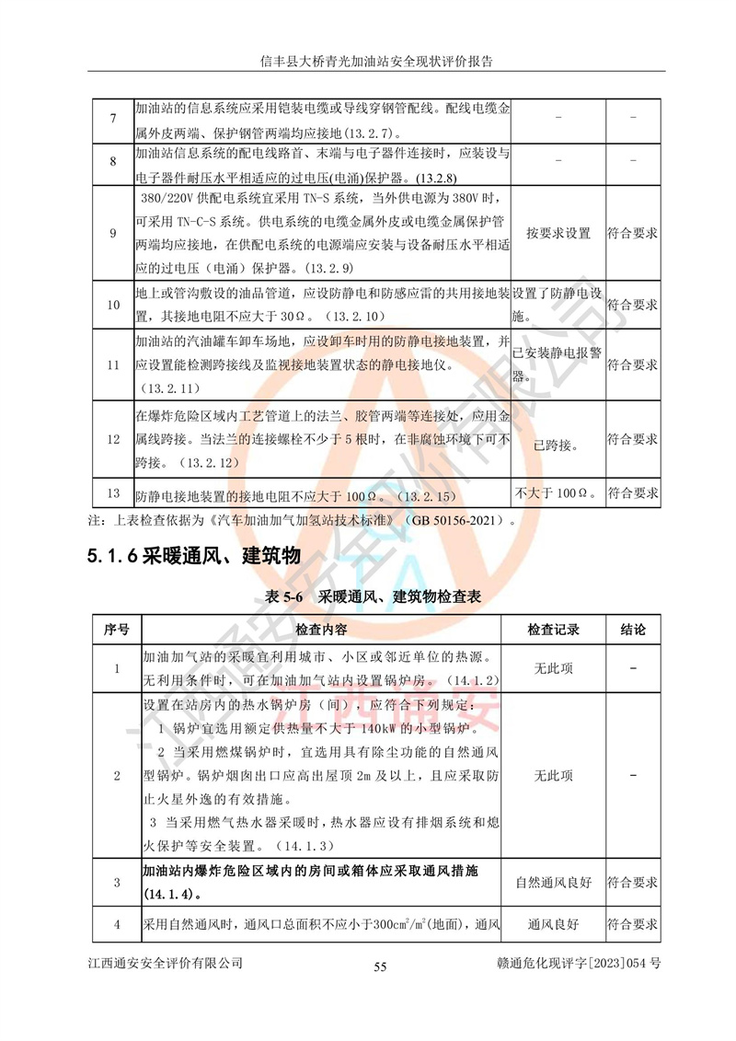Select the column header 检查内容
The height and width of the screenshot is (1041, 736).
[321, 630]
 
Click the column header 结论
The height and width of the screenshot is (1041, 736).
[633, 630]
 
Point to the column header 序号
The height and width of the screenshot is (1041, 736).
[116, 630]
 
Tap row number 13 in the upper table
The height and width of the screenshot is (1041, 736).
[112, 493]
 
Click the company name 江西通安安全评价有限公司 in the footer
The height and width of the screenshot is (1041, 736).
[166, 963]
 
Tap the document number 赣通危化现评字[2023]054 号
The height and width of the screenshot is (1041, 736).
[578, 963]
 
